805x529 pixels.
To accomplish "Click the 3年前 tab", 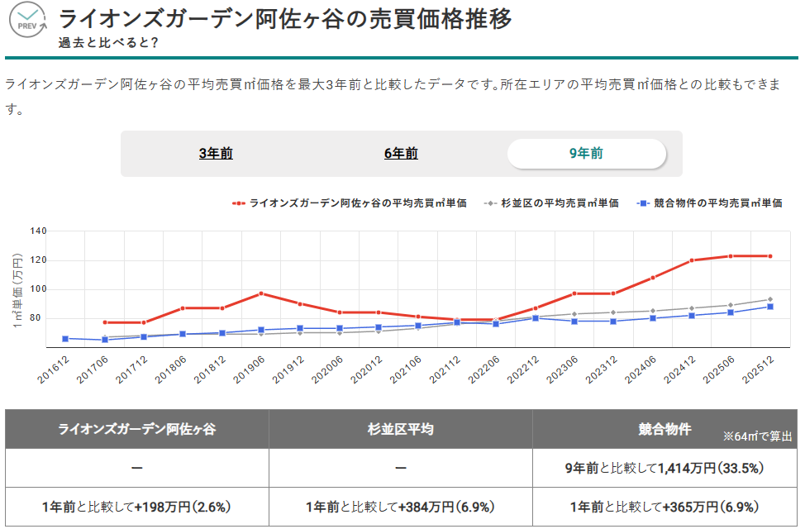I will pos(216,154).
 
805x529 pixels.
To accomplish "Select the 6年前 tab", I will pos(401,154).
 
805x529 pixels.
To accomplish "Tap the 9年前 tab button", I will pos(586,154).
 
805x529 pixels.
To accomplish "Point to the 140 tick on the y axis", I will pos(38,231).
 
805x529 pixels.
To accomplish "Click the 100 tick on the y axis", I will pos(38,289).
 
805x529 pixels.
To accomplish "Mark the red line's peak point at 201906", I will pos(261,293).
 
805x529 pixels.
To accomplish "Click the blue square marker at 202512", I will pos(770,307).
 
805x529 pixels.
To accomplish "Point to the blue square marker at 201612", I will pos(65,339).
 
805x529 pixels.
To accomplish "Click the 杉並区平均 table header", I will pos(401,429).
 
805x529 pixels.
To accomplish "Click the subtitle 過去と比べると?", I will pos(108,42).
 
